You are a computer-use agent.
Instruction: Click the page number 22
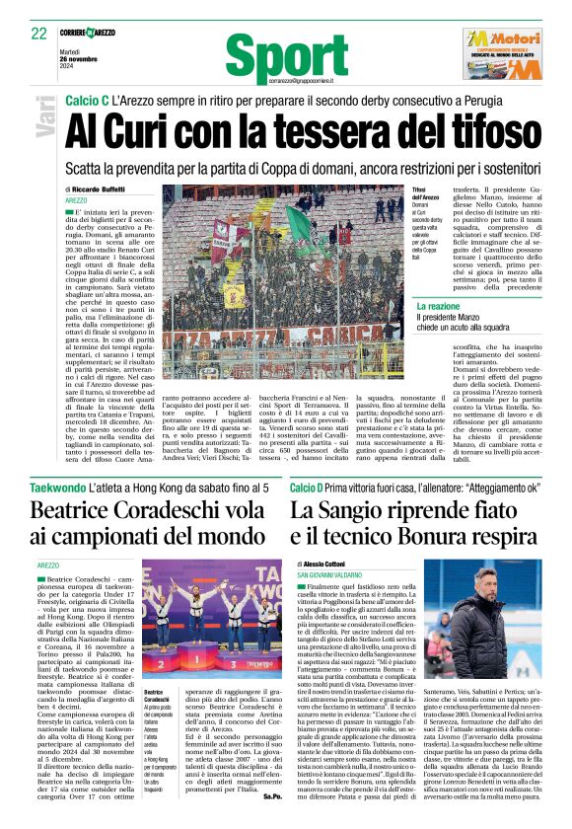[39, 33]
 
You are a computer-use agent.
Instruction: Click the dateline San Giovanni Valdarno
[339, 574]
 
